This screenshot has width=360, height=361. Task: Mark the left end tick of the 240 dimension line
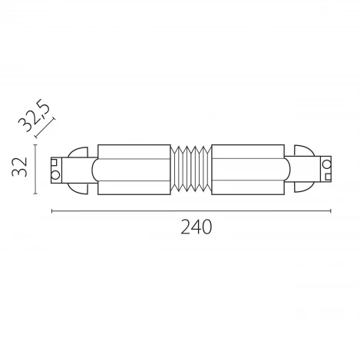pos(51,210)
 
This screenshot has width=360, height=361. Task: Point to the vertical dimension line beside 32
pos(38,167)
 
